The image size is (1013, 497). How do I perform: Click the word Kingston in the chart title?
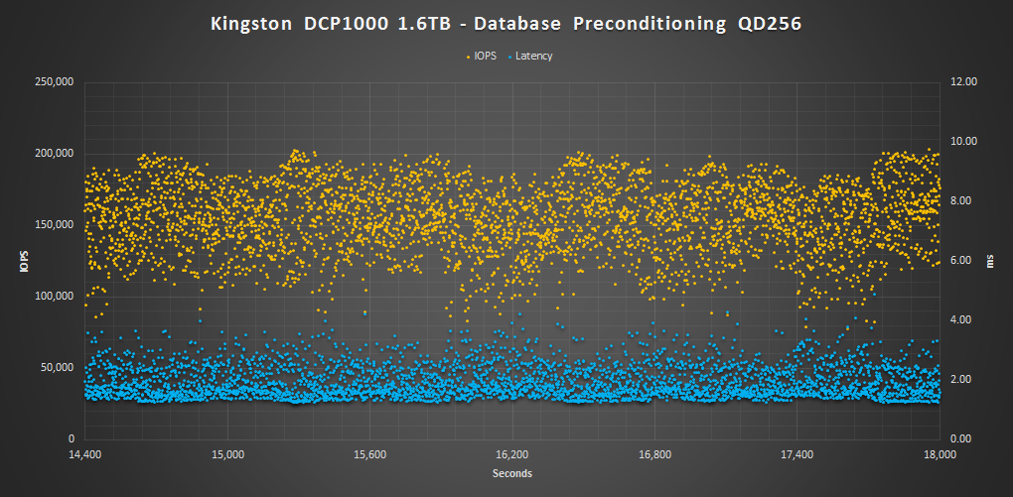point(252,25)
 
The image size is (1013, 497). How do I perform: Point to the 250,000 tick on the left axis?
point(54,82)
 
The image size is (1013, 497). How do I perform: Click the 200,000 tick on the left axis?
point(54,154)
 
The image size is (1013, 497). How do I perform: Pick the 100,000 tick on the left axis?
point(54,296)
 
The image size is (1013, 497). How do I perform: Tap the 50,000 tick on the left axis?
point(57,367)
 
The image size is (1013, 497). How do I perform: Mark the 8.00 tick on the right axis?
point(964,201)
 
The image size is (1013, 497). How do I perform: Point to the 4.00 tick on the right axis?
point(964,320)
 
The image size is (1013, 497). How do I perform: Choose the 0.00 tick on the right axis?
point(964,438)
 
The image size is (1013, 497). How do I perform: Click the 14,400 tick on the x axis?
point(85,454)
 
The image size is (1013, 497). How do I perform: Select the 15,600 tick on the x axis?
point(369,454)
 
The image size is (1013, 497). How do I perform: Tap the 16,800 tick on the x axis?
point(654,454)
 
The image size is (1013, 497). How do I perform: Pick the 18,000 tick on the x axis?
point(939,454)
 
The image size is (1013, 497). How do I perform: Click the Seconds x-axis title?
point(512,473)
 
